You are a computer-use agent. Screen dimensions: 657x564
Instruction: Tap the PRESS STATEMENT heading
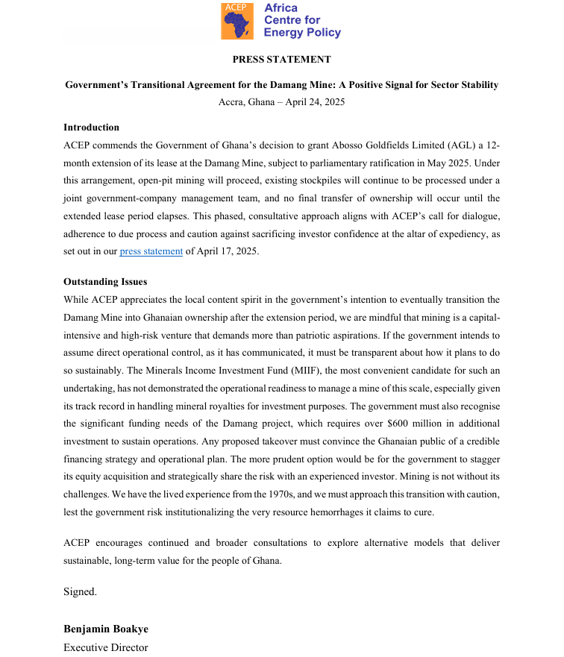tap(281, 60)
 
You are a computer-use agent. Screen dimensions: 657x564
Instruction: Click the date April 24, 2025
tap(315, 102)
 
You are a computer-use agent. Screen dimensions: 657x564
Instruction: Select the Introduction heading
tap(91, 128)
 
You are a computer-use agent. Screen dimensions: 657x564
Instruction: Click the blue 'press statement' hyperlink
tap(151, 251)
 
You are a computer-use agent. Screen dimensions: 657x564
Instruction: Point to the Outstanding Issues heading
tap(105, 282)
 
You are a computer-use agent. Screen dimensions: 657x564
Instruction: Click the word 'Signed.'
tap(80, 591)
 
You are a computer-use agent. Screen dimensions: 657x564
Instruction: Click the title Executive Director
tap(105, 647)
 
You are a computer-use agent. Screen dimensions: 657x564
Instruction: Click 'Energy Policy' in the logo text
tap(302, 32)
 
